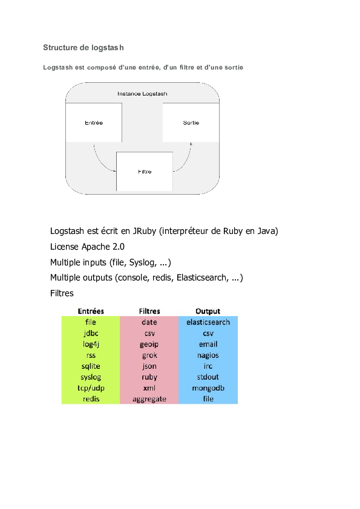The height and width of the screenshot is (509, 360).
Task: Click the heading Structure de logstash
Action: pos(83,47)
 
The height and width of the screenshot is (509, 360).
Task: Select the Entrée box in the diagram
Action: pos(94,123)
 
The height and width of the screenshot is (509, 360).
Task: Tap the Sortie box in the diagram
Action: pos(191,123)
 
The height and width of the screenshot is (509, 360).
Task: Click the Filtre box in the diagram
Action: pos(145,172)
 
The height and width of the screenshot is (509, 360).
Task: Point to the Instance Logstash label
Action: pos(142,94)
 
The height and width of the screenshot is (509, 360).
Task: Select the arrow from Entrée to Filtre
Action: pos(100,160)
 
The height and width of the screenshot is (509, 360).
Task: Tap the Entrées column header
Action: pos(91,311)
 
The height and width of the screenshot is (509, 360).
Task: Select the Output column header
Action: pos(208,311)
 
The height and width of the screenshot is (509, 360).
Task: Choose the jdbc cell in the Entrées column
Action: pos(91,333)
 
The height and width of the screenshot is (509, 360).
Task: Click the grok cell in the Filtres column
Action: pos(149,355)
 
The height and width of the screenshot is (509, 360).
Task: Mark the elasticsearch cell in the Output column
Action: pos(208,322)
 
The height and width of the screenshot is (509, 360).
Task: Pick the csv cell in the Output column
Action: pos(208,333)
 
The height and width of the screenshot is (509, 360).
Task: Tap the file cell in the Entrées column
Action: pos(91,322)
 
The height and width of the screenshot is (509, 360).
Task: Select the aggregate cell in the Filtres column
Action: pos(149,399)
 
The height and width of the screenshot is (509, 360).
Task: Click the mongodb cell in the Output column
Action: pos(208,388)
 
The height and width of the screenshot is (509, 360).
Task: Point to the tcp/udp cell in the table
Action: pos(91,388)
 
